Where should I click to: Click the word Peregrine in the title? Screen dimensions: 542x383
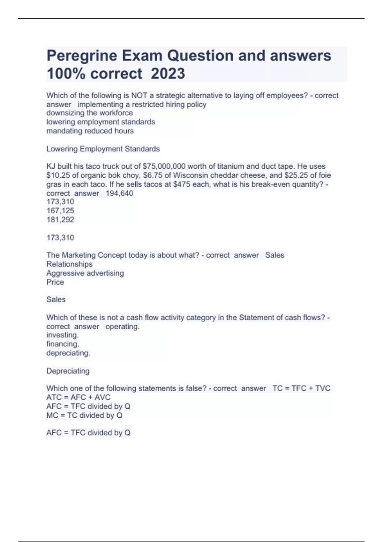[82, 56]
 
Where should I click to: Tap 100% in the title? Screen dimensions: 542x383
[66, 74]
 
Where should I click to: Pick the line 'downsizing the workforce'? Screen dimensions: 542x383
[89, 113]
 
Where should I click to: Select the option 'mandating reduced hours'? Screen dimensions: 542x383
[90, 131]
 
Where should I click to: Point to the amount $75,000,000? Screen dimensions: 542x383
[164, 166]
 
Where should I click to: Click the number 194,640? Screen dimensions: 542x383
[119, 193]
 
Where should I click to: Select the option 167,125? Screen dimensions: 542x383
[60, 210]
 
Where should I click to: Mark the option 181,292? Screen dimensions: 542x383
[60, 219]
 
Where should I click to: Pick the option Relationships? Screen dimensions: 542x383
[69, 264]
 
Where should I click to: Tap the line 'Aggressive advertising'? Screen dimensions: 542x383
[85, 273]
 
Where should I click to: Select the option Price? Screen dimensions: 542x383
[55, 282]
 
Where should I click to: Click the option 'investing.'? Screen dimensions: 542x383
[63, 335]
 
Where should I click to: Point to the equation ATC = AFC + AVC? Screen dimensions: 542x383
[78, 397]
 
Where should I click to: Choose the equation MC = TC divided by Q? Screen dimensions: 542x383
[84, 415]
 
